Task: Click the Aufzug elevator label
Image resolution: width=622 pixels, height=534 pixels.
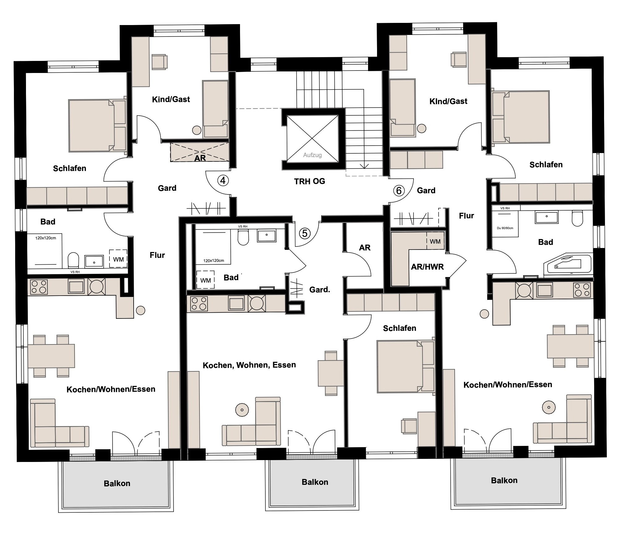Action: pos(312,155)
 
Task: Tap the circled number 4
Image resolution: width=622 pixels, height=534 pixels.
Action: pos(223,180)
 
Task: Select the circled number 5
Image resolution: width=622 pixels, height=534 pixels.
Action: pos(305,233)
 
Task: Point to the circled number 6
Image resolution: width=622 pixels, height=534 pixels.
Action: pos(399,190)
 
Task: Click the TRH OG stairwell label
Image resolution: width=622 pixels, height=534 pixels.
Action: pos(310,182)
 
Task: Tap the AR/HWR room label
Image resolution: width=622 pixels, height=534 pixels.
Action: pos(427,267)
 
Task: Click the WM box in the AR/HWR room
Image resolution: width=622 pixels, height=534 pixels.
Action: pos(435,241)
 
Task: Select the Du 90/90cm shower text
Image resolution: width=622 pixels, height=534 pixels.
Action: pos(505,228)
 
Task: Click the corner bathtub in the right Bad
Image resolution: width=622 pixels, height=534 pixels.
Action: pos(568,263)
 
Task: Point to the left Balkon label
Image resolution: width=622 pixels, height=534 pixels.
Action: pos(117,484)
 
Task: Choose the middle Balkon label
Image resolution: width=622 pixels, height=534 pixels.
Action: pos(315,482)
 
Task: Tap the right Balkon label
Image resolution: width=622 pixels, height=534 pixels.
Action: pos(504,481)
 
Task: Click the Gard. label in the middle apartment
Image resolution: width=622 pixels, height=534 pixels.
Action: pos(320,290)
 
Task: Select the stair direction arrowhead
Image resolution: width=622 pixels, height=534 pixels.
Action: pos(365,166)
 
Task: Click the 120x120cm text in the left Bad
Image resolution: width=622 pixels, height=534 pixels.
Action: pos(45,238)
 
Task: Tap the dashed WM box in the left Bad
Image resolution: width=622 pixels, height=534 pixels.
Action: pos(118,259)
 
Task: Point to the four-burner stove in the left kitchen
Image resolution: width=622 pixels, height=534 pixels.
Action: pos(39,287)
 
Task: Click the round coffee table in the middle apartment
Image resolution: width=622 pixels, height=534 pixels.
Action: pos(242,410)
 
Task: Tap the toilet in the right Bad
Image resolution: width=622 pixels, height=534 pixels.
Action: pos(577,218)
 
